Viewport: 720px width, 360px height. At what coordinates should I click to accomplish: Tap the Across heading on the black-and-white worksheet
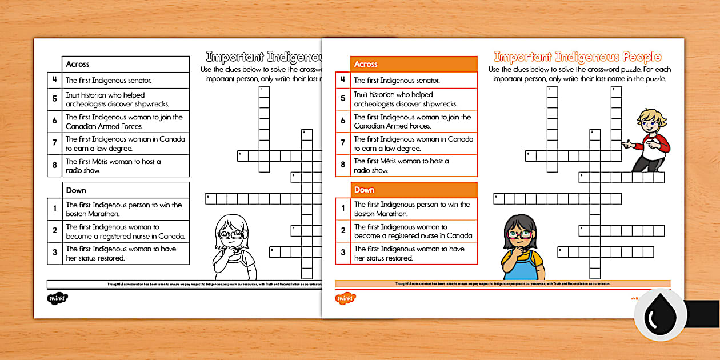[x=78, y=64]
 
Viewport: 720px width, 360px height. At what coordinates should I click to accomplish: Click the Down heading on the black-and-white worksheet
[x=76, y=190]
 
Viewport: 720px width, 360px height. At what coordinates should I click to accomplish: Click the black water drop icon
[x=659, y=315]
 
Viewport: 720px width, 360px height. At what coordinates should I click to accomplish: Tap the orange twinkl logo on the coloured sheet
[x=345, y=297]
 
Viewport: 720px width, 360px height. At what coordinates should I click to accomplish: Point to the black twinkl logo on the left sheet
[x=57, y=298]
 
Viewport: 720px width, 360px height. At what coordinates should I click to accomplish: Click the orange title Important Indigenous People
[x=577, y=57]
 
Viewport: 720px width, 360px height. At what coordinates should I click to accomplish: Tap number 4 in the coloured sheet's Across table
[x=343, y=80]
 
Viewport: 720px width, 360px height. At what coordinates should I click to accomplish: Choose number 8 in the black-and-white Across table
[x=55, y=166]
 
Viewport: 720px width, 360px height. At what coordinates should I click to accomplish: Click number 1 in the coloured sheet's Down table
[x=343, y=209]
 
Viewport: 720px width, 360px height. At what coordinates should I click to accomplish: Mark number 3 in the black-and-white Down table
[x=55, y=253]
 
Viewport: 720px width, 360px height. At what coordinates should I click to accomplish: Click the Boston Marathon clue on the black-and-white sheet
[x=124, y=209]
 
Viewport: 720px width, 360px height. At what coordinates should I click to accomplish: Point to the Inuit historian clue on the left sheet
[x=118, y=99]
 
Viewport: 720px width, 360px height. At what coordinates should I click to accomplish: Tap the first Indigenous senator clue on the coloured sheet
[x=397, y=81]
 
